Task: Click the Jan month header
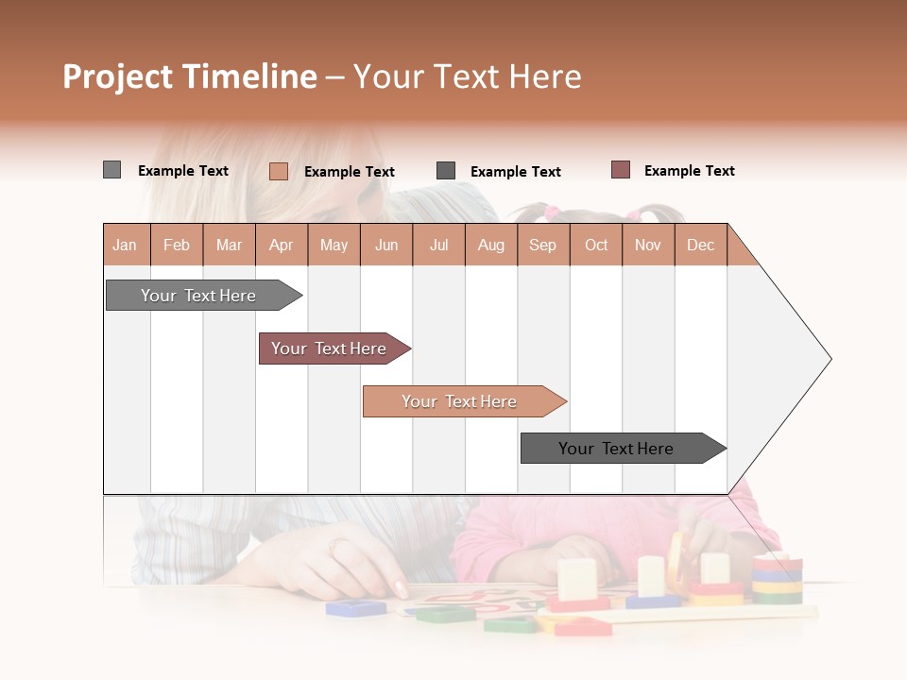click(125, 245)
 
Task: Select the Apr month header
click(281, 245)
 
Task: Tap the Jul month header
click(438, 245)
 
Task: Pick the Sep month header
click(542, 245)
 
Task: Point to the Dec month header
click(700, 245)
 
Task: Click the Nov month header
click(647, 245)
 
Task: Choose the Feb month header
click(177, 245)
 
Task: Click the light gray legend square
click(111, 170)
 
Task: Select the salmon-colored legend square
click(279, 171)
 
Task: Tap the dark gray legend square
click(446, 171)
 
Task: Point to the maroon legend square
click(620, 170)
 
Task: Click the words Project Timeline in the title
click(189, 76)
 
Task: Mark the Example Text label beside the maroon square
click(689, 171)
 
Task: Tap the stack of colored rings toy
click(777, 578)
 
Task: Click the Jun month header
click(386, 245)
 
